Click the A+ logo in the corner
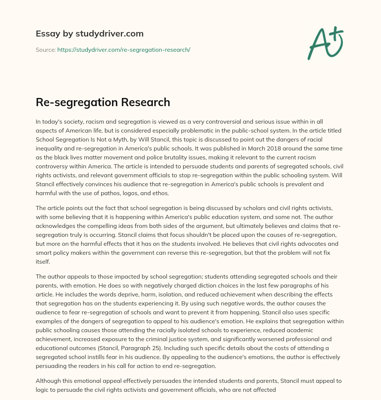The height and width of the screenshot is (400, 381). (x=325, y=42)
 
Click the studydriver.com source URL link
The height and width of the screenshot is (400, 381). (x=124, y=50)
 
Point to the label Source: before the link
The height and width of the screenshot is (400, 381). (x=45, y=50)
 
